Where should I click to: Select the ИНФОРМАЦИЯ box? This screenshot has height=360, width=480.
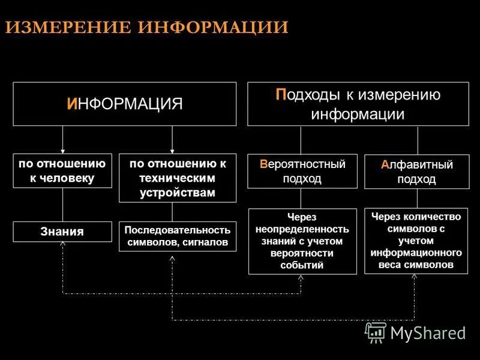click(124, 104)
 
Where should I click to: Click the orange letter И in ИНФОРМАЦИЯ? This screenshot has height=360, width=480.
click(72, 104)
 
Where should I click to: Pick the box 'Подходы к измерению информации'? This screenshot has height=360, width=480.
click(358, 104)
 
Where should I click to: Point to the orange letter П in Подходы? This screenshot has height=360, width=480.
click(280, 95)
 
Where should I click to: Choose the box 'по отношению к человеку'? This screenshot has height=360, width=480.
click(62, 171)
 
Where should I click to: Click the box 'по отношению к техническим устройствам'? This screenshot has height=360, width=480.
click(178, 178)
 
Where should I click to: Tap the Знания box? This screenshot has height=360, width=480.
click(62, 232)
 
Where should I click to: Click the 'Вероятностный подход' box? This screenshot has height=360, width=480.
click(302, 171)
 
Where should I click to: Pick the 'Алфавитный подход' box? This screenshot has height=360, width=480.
click(416, 172)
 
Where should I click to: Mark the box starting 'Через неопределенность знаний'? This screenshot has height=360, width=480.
click(302, 241)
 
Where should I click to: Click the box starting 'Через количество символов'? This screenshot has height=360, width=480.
click(416, 241)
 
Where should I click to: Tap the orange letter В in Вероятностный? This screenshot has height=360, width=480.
click(263, 164)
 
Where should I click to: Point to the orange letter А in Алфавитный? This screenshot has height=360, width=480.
click(385, 164)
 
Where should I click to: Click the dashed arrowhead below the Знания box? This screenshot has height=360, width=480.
click(63, 245)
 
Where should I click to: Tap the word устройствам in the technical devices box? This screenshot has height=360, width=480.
click(178, 193)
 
